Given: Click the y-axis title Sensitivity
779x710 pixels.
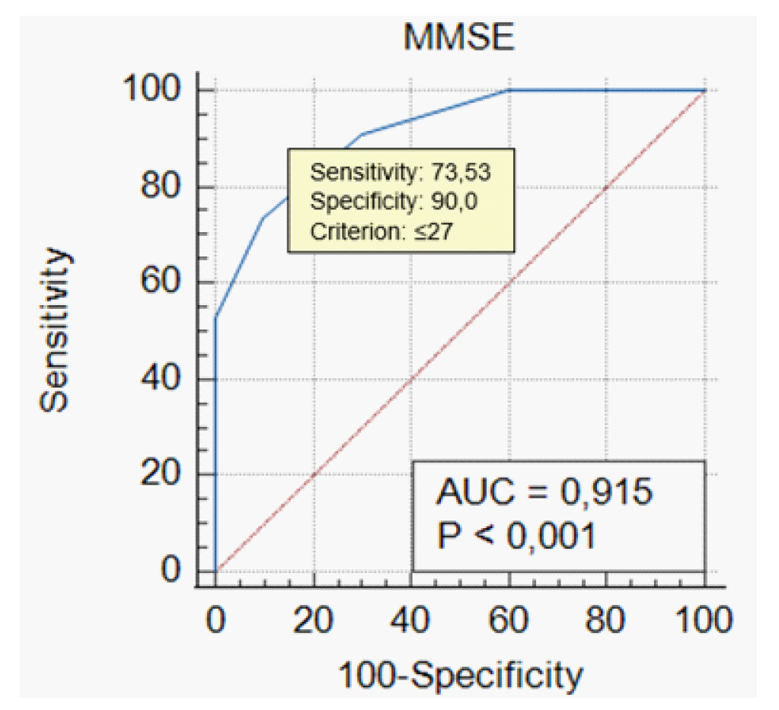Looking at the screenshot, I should pos(56,330).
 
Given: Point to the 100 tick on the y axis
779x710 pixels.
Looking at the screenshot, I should pos(155,91).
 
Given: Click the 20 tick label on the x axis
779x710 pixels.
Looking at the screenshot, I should pos(314,620).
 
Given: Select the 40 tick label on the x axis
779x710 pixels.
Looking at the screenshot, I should pos(411,620).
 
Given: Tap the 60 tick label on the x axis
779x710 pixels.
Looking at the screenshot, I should pos(509,620).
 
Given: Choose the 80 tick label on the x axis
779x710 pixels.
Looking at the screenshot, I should pos(606,620).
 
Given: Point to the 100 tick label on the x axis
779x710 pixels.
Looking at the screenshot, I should pos(702,620).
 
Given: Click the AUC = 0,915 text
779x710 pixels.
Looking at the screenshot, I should pos(544,492).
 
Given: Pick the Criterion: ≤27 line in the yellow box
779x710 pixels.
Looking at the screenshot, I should pos(382,231).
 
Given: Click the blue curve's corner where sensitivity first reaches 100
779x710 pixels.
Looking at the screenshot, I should pos(508,91).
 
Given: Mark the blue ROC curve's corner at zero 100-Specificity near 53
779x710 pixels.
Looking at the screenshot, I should pos(216,317).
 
